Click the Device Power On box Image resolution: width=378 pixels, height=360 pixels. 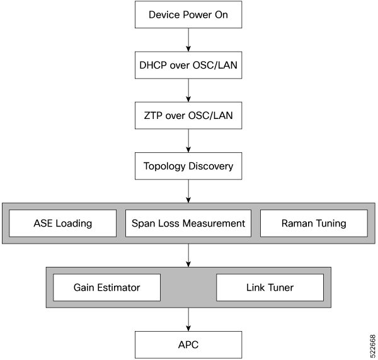click(x=188, y=14)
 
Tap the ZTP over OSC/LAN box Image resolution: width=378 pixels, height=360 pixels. click(x=188, y=115)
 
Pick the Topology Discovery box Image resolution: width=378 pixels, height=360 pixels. click(x=188, y=166)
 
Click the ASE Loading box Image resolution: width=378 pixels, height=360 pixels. click(x=63, y=223)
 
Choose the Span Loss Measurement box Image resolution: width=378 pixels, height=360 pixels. click(x=188, y=223)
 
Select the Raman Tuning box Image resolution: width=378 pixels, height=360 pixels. click(x=313, y=223)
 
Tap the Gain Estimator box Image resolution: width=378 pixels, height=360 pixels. click(x=106, y=288)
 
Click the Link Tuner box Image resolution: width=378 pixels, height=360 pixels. click(x=270, y=288)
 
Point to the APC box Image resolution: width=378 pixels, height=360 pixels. click(x=188, y=345)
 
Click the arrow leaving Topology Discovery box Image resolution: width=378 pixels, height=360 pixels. click(x=188, y=191)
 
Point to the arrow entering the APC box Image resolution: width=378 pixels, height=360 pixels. click(x=188, y=320)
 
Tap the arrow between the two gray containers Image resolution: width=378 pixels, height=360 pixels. click(x=188, y=256)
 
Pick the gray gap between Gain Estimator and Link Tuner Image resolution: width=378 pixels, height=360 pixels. click(x=188, y=288)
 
